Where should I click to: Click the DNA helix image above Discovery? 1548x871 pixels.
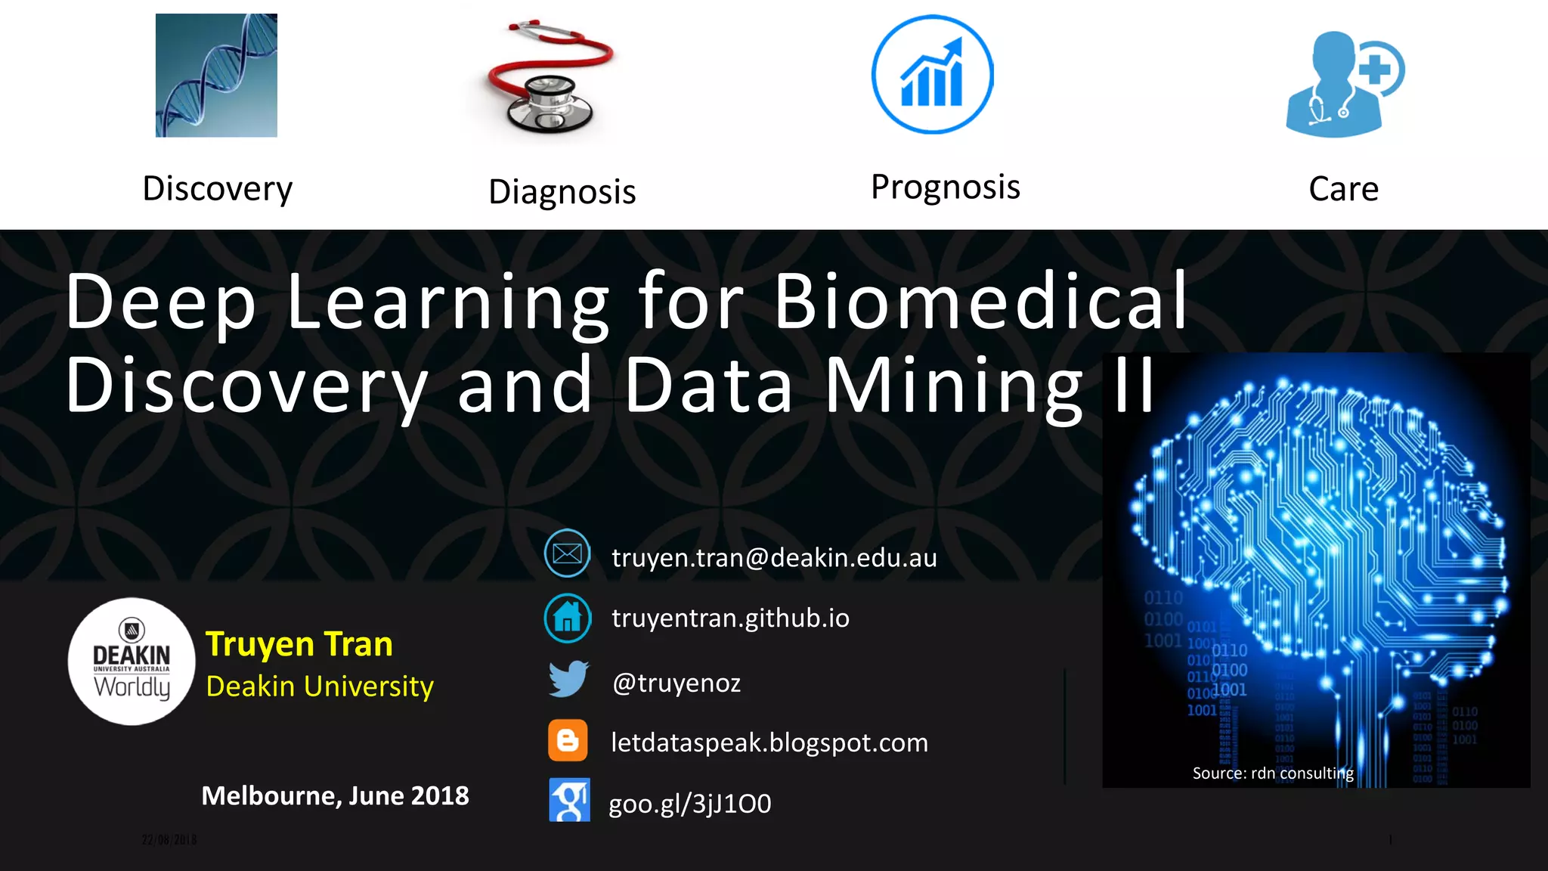pos(216,75)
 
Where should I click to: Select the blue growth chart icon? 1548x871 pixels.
pos(932,75)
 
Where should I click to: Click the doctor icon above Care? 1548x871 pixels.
pos(1342,84)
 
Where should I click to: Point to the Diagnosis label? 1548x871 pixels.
pos(562,192)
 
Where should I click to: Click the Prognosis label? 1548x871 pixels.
pos(946,188)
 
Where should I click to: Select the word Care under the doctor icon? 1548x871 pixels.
pos(1343,189)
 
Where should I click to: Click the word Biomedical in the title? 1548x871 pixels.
pos(980,302)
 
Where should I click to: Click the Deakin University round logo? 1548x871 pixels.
pos(132,662)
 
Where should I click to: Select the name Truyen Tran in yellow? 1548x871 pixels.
pos(299,644)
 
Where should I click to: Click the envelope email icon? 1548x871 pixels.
pos(567,554)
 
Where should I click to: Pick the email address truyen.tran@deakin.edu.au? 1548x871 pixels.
pos(774,558)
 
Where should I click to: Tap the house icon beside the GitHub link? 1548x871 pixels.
pos(568,618)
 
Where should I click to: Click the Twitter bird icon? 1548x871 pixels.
pos(568,679)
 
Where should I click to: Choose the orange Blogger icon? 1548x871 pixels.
pos(568,740)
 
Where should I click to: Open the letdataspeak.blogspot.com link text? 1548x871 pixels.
pos(769,743)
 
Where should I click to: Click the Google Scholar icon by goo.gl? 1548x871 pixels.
pos(569,800)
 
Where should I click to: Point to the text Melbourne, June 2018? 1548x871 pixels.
pos(335,796)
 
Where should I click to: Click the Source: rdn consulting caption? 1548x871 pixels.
pos(1273,773)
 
